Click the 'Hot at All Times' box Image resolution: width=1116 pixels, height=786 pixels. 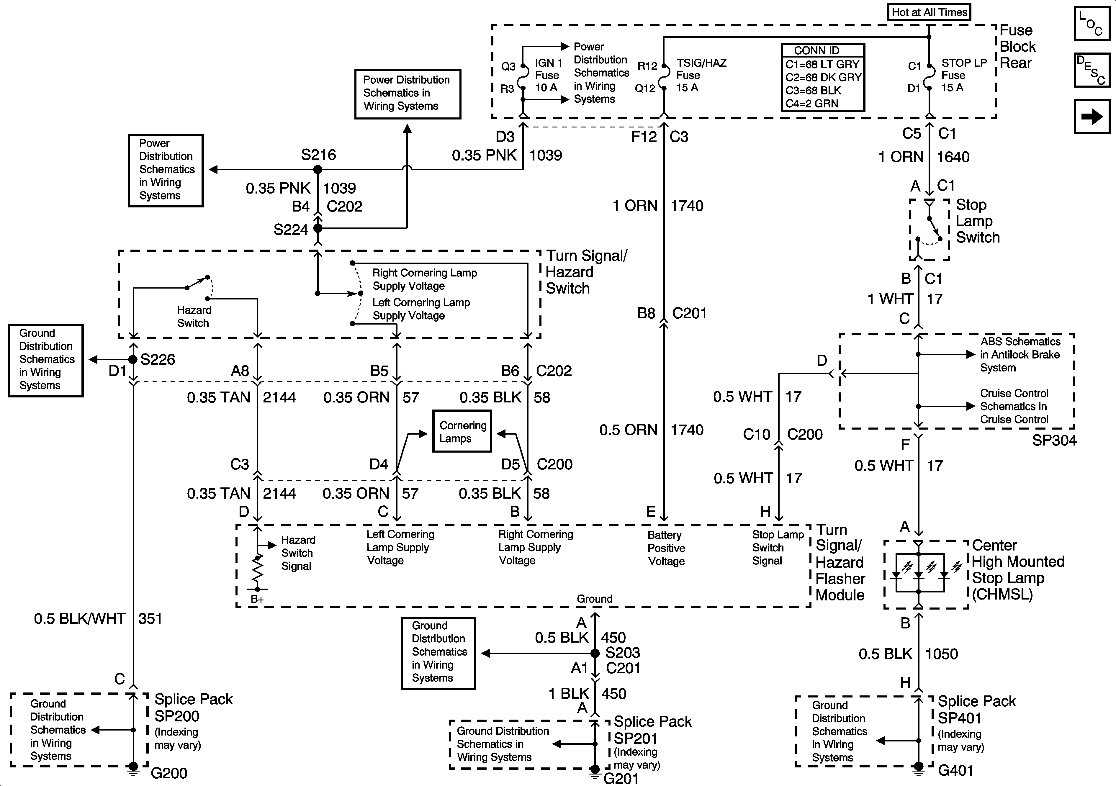point(929,12)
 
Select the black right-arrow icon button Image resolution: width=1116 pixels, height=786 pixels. point(1092,117)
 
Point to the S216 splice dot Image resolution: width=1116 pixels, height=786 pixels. point(318,170)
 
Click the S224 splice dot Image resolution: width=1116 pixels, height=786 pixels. point(318,228)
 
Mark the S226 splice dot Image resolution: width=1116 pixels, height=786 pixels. point(133,360)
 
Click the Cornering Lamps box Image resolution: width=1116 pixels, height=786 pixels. point(462,432)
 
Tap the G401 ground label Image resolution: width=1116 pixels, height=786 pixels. point(955,770)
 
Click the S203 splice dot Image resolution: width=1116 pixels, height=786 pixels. point(595,653)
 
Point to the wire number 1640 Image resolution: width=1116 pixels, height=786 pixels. point(953,157)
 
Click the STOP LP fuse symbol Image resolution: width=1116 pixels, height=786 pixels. point(929,77)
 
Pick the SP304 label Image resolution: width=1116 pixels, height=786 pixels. point(1054,441)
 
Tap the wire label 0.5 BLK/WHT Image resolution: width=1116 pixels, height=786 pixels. point(80,619)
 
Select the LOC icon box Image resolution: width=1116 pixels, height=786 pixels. point(1092,24)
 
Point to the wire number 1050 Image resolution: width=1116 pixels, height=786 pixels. point(941,654)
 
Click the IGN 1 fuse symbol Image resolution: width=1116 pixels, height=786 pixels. point(523,77)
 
